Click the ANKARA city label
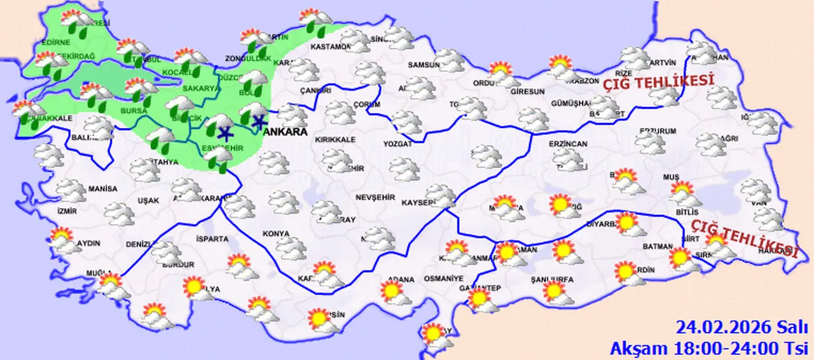[x=284, y=132]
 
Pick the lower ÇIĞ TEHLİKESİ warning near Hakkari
[x=743, y=235]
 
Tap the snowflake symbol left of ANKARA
[x=258, y=121]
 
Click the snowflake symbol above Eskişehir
[x=224, y=133]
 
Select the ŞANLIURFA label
[x=553, y=279]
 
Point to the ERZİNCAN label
[x=569, y=144]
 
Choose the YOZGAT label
[x=397, y=144]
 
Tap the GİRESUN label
[x=527, y=92]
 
